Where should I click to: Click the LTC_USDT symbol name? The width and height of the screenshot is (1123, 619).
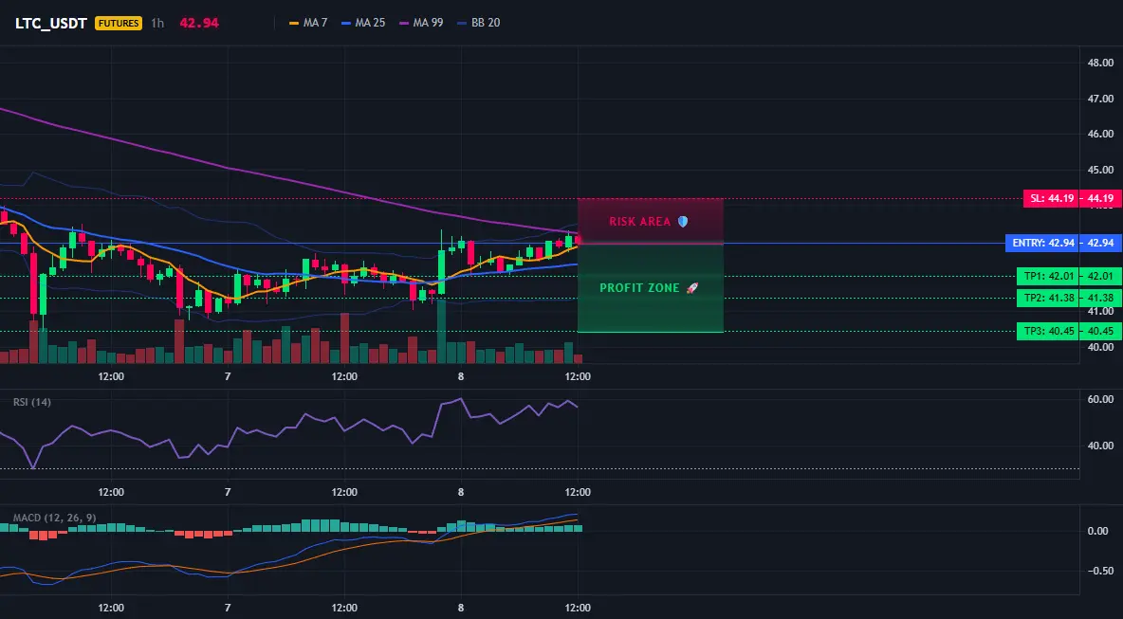(x=51, y=23)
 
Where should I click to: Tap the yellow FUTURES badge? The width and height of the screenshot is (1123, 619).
(x=119, y=23)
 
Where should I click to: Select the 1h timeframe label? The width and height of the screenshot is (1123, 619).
(x=157, y=23)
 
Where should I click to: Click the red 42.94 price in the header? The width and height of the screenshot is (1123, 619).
(x=199, y=23)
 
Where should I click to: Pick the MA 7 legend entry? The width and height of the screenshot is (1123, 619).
(x=308, y=23)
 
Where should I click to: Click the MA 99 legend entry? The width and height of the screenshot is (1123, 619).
(x=420, y=23)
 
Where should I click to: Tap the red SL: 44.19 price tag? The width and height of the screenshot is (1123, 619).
(x=1072, y=198)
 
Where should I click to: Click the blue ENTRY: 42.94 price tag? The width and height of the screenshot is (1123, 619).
(x=1063, y=244)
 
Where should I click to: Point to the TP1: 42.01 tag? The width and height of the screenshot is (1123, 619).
(x=1069, y=276)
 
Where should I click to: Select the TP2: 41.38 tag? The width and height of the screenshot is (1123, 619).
(x=1069, y=299)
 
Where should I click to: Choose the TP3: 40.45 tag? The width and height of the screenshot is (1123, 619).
(x=1069, y=332)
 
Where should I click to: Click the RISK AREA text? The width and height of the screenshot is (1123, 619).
(x=639, y=222)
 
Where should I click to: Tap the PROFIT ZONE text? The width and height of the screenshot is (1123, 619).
(x=639, y=287)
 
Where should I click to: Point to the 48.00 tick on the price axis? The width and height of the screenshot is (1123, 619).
(x=1100, y=63)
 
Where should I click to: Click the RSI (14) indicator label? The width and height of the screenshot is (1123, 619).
(x=32, y=402)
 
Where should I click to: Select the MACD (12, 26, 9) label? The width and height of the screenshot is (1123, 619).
(x=54, y=518)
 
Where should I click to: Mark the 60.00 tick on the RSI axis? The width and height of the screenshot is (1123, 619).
(x=1100, y=399)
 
